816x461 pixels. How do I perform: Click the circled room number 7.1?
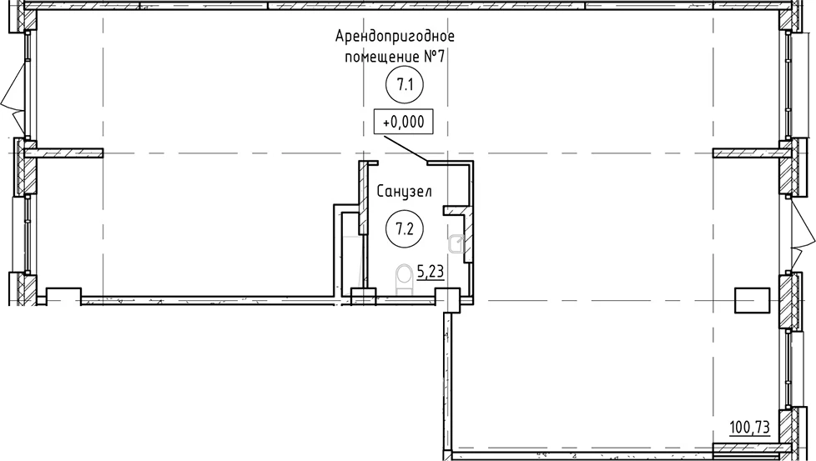pos(405,84)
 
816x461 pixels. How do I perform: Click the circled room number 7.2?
pos(405,228)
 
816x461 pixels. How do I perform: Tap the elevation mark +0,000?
pos(404,123)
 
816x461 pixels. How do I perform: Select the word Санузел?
pos(404,192)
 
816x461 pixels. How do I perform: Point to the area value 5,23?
pos(431,271)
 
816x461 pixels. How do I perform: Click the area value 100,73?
pos(750,428)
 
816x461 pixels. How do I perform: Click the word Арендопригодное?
pos(395,37)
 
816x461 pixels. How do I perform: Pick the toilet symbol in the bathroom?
pos(404,279)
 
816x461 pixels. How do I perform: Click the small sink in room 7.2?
pos(456,243)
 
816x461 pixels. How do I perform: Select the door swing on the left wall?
pos(13,98)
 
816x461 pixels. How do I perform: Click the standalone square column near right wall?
pos(752,300)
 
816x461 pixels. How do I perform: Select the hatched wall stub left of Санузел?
pos(363,198)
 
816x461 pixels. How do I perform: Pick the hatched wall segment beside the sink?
pos(468,234)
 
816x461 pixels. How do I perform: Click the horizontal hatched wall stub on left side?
pos(63,153)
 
